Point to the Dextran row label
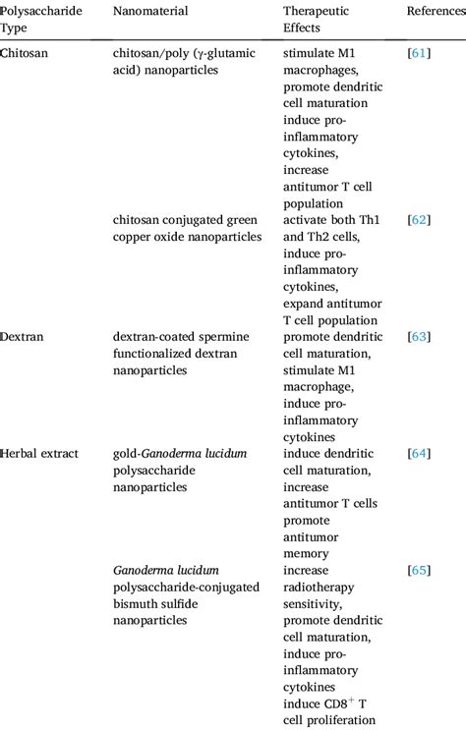[25, 337]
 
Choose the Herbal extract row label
[40, 454]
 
